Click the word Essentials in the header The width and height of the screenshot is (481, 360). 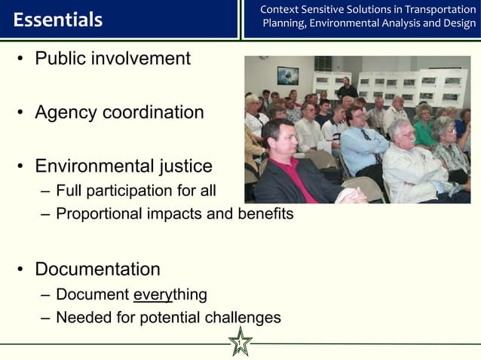[57, 20]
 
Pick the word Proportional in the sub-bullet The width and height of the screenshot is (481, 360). [99, 214]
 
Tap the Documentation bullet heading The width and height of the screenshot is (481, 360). [97, 269]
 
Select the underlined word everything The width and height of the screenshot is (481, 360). [169, 294]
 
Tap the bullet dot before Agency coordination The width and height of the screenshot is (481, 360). [22, 113]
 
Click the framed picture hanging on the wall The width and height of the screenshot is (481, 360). [288, 75]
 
